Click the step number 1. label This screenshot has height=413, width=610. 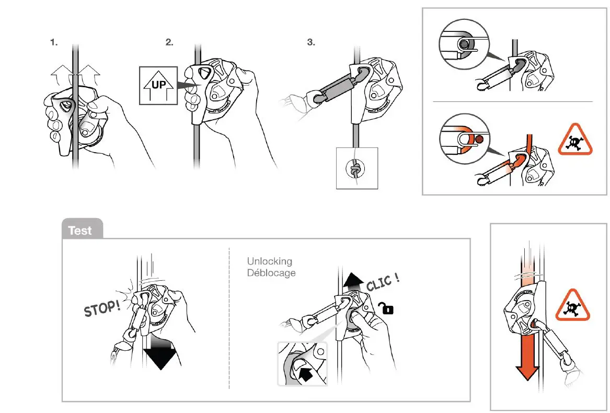54,43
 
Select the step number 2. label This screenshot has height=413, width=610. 169,43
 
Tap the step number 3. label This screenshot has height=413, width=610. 311,43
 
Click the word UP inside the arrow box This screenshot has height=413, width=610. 158,84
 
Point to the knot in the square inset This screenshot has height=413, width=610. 356,168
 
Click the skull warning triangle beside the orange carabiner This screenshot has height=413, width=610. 576,140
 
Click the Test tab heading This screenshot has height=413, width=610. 80,231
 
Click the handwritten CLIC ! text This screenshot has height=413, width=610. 383,283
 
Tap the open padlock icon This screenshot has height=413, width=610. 388,309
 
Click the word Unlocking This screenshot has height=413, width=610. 269,261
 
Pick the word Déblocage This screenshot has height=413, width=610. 271,273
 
